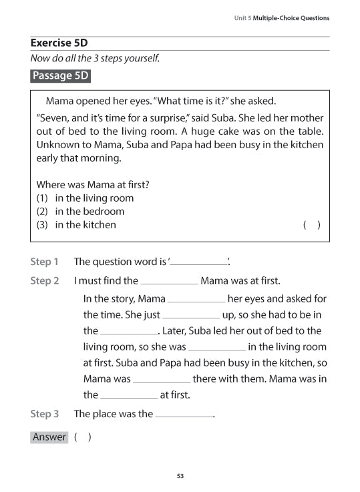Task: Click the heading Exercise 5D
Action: [x=59, y=43]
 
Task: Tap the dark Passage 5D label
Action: [x=60, y=75]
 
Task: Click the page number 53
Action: [x=180, y=476]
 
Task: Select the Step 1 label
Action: [x=45, y=262]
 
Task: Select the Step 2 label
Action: [x=45, y=281]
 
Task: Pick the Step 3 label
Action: [x=45, y=414]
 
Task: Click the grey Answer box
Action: [x=49, y=437]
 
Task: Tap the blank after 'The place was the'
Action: [x=184, y=415]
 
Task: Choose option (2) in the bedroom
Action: [x=80, y=211]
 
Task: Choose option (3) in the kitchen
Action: [x=76, y=224]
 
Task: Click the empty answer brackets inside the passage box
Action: [x=312, y=225]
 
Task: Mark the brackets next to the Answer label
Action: [x=83, y=437]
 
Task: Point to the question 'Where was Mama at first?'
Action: [x=92, y=184]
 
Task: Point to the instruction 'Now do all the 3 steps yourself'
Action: [x=95, y=58]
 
